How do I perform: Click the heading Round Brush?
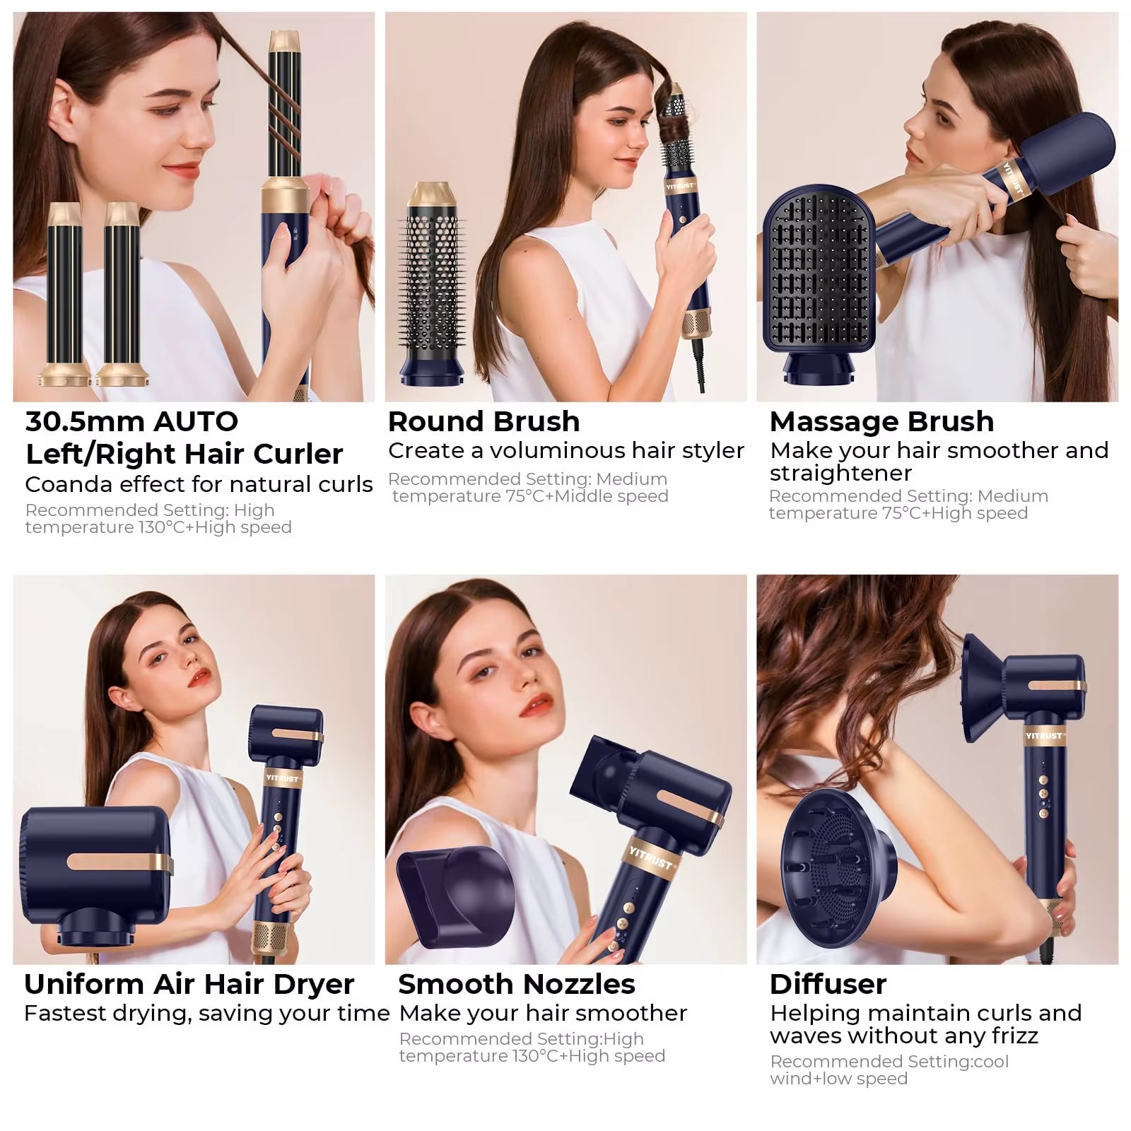click(x=484, y=422)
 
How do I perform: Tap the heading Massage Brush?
click(x=881, y=422)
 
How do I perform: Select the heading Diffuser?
click(x=828, y=984)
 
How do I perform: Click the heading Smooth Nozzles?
click(x=516, y=984)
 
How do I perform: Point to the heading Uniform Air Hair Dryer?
click(x=189, y=984)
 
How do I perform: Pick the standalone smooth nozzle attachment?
click(x=454, y=896)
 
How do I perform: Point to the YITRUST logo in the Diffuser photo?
click(x=1043, y=736)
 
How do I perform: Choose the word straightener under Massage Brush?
click(x=840, y=474)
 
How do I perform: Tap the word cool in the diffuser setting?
click(x=990, y=1062)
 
